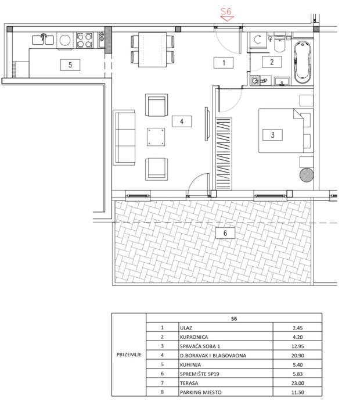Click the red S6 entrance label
click(226, 12)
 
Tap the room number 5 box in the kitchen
click(70, 65)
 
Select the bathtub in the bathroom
click(303, 62)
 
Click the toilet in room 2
click(280, 42)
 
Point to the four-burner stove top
click(85, 40)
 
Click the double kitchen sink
click(43, 40)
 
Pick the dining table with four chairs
click(153, 49)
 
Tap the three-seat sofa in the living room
click(124, 138)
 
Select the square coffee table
click(156, 137)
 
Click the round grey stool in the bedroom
click(307, 175)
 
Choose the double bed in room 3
click(286, 130)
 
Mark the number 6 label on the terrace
click(225, 233)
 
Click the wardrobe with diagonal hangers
click(224, 153)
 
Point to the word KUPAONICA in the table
click(194, 337)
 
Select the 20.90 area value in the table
click(298, 356)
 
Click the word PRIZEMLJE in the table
click(129, 355)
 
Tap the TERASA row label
click(189, 383)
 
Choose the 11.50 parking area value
click(298, 392)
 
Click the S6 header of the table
click(234, 318)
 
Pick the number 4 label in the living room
click(182, 121)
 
